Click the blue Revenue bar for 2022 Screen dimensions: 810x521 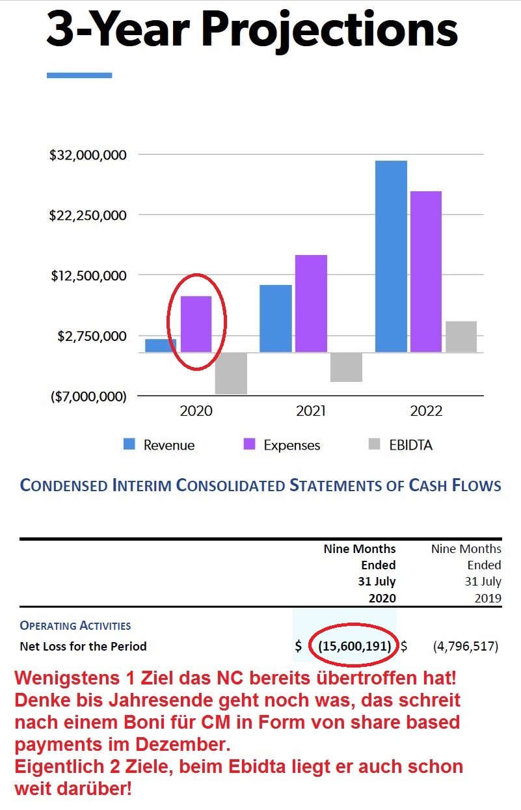tap(391, 256)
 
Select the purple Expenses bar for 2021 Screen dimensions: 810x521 tap(311, 303)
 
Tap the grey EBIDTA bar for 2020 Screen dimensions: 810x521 tap(231, 373)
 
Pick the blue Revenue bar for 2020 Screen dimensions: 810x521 tap(161, 345)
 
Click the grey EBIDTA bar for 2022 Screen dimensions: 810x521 tap(461, 336)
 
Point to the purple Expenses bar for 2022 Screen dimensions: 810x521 tap(426, 271)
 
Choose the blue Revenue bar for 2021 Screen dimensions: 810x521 tap(276, 318)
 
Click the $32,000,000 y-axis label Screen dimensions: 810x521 tap(87, 155)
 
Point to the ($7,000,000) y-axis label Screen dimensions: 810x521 tap(88, 396)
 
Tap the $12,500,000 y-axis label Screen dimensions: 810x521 tap(88, 276)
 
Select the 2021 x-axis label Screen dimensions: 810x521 tap(311, 411)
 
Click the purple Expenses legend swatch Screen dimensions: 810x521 tap(248, 444)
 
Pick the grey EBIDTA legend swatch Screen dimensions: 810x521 tap(374, 444)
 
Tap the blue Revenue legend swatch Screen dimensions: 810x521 tap(129, 444)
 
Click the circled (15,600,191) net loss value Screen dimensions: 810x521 tap(354, 646)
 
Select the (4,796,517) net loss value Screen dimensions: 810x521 tap(465, 646)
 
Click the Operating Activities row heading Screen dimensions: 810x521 tap(75, 626)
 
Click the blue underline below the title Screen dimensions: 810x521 tap(79, 75)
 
